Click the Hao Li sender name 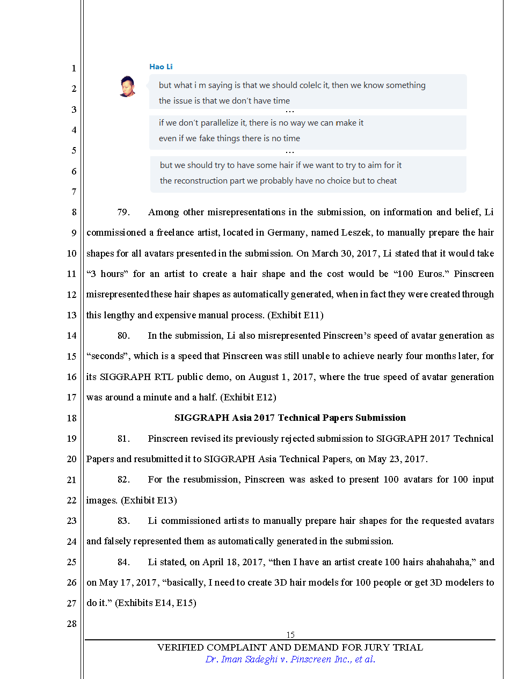pyautogui.click(x=161, y=67)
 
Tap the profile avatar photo pyautogui.click(x=127, y=86)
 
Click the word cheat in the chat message pyautogui.click(x=387, y=181)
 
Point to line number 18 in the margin pyautogui.click(x=71, y=418)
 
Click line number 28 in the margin pyautogui.click(x=71, y=624)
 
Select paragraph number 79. pyautogui.click(x=123, y=212)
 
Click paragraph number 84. pyautogui.click(x=123, y=562)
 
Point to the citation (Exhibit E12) pyautogui.click(x=248, y=397)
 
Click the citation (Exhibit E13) pyautogui.click(x=149, y=500)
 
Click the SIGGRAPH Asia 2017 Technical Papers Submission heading pyautogui.click(x=290, y=418)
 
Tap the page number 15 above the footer pyautogui.click(x=290, y=634)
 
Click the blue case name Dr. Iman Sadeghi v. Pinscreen pyautogui.click(x=290, y=659)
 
